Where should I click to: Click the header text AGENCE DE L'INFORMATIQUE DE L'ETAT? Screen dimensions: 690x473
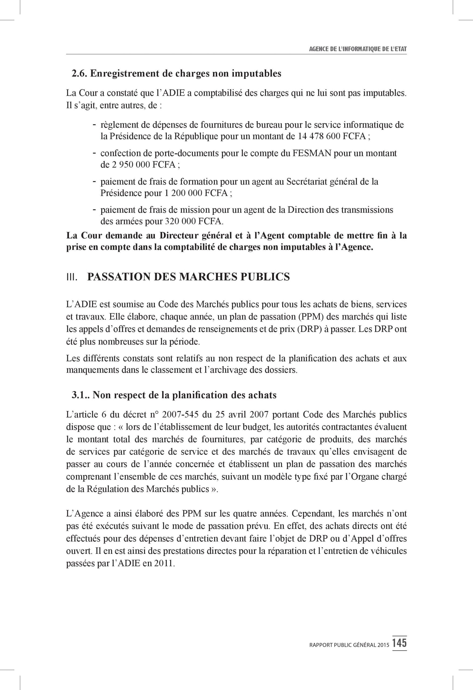tap(357, 49)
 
